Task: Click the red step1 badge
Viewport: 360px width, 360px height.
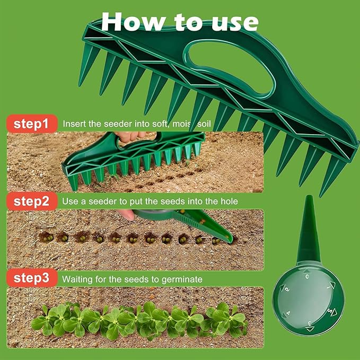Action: (31, 125)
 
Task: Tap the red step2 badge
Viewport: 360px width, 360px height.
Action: (31, 202)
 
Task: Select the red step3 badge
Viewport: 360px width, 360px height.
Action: (31, 278)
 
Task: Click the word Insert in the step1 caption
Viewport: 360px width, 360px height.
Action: (74, 124)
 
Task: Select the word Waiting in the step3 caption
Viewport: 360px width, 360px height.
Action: (77, 278)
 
